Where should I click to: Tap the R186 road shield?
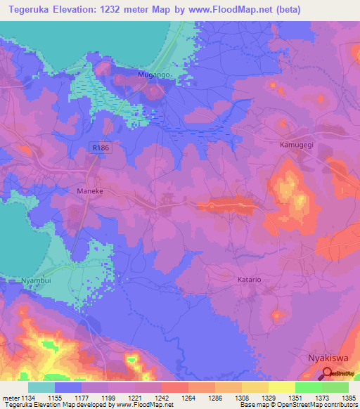point(100,146)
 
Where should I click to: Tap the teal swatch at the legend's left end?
point(41,387)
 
